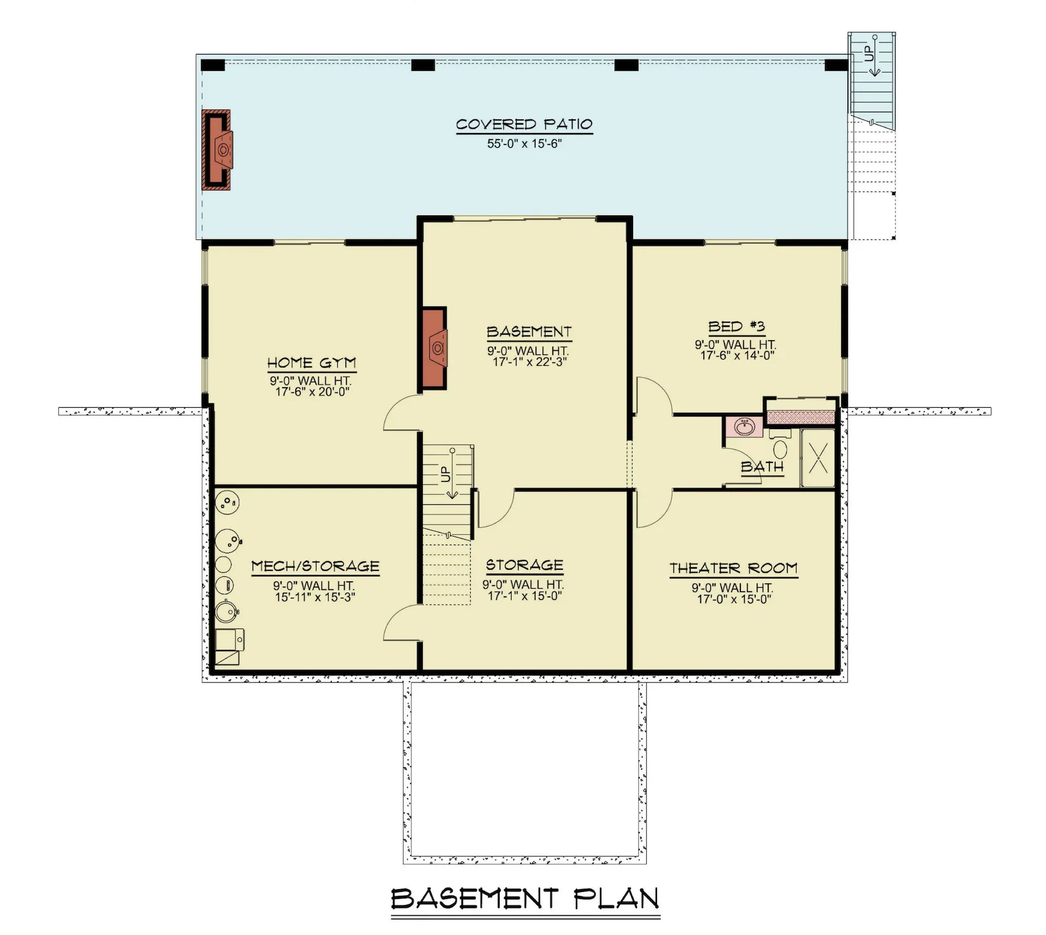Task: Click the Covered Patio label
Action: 524,125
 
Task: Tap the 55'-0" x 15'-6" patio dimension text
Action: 524,144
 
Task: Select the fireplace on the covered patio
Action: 216,150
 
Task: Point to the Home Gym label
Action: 311,363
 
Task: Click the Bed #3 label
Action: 736,327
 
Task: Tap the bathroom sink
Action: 744,426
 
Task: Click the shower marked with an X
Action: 818,458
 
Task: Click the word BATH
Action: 762,467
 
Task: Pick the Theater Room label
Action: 733,569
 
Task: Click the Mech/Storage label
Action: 315,566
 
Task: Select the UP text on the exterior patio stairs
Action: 868,53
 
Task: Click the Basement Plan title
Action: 525,898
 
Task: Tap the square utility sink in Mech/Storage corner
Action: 229,640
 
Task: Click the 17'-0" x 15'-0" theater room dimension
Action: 733,600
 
